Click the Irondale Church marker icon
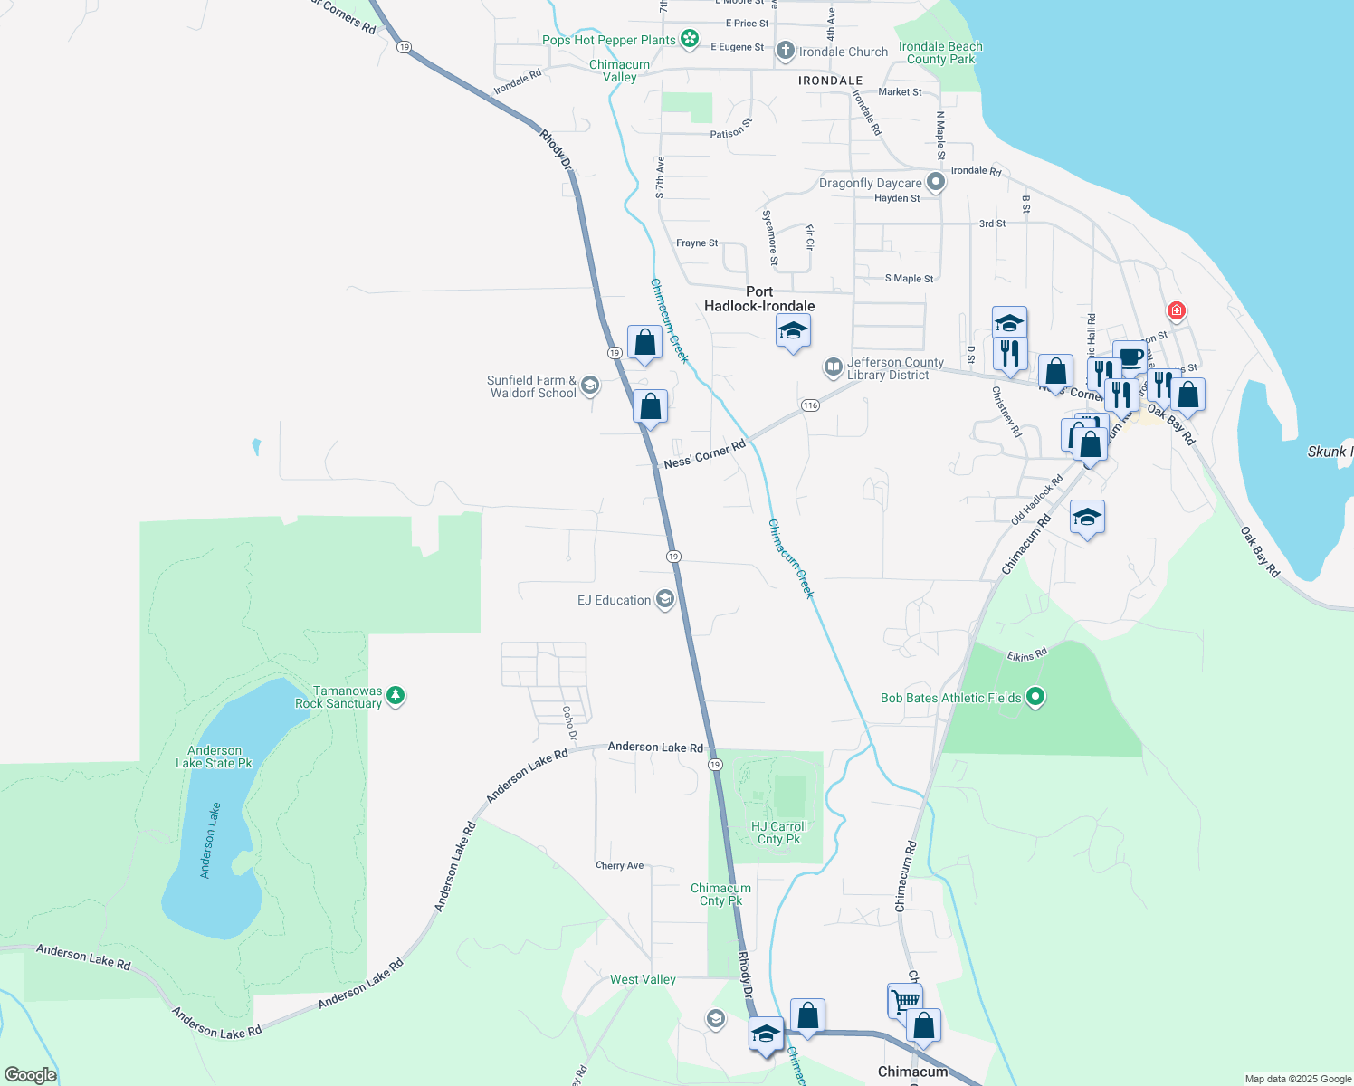(x=786, y=51)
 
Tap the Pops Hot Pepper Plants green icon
(x=690, y=39)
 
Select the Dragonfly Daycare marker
(x=936, y=183)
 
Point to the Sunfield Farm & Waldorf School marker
(x=590, y=386)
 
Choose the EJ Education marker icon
(x=665, y=600)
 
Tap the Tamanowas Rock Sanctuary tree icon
(x=396, y=696)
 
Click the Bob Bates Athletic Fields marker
(x=1036, y=697)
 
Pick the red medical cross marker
(x=1176, y=311)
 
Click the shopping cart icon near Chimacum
(x=904, y=1000)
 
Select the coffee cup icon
(x=1130, y=356)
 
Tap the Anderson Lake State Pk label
(x=214, y=757)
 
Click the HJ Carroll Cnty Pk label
(x=778, y=833)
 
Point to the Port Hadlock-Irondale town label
(x=759, y=299)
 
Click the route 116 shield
(x=810, y=405)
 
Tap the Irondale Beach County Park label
(x=940, y=52)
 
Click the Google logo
(x=30, y=1075)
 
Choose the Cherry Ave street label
(x=620, y=865)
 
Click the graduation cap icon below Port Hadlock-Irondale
(x=793, y=331)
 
